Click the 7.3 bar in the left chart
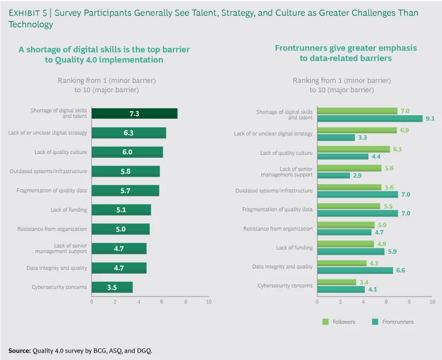click(134, 113)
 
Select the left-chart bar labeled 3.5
click(112, 287)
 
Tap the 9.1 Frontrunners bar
click(369, 118)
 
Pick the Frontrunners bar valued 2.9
click(333, 175)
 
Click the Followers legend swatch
click(326, 322)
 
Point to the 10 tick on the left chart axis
click(208, 301)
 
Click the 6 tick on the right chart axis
click(387, 301)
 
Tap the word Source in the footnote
click(19, 350)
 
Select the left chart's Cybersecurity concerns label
click(59, 287)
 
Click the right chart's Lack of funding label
click(294, 248)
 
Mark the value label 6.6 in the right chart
click(401, 270)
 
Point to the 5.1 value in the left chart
click(121, 210)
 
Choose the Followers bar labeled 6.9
click(357, 130)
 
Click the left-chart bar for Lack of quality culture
click(127, 152)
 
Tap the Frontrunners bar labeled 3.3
click(336, 137)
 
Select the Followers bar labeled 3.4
click(337, 282)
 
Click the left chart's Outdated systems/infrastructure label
click(48, 171)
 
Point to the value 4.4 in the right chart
click(376, 156)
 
